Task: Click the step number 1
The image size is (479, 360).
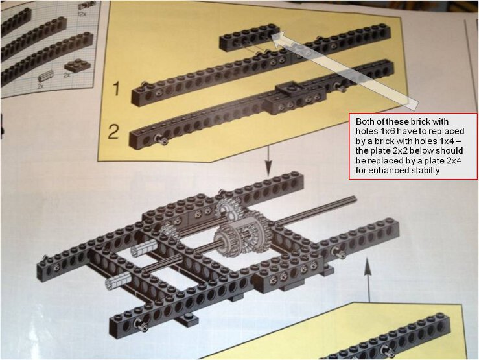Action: coord(116,89)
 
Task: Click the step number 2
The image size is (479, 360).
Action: coord(113,132)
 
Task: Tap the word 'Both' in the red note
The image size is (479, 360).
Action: coord(366,122)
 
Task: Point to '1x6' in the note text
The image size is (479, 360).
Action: coord(384,132)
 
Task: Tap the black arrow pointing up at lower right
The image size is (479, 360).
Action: coord(368,280)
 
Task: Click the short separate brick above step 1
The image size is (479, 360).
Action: coord(250,38)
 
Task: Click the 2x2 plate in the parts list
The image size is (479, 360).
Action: coord(76,65)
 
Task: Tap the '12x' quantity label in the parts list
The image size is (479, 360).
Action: coord(82,14)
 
